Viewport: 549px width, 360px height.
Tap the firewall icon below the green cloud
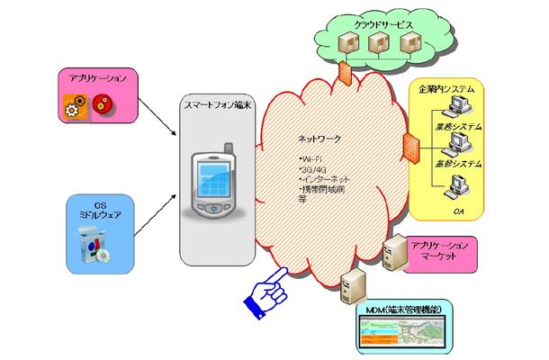pyautogui.click(x=346, y=73)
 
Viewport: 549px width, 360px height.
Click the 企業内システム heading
pyautogui.click(x=446, y=92)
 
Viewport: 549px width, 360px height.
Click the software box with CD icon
pyautogui.click(x=97, y=248)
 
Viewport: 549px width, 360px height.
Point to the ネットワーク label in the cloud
pyautogui.click(x=320, y=139)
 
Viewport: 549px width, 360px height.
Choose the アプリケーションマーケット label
pyautogui.click(x=440, y=251)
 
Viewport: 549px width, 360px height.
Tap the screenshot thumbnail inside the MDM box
pyautogui.click(x=401, y=334)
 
